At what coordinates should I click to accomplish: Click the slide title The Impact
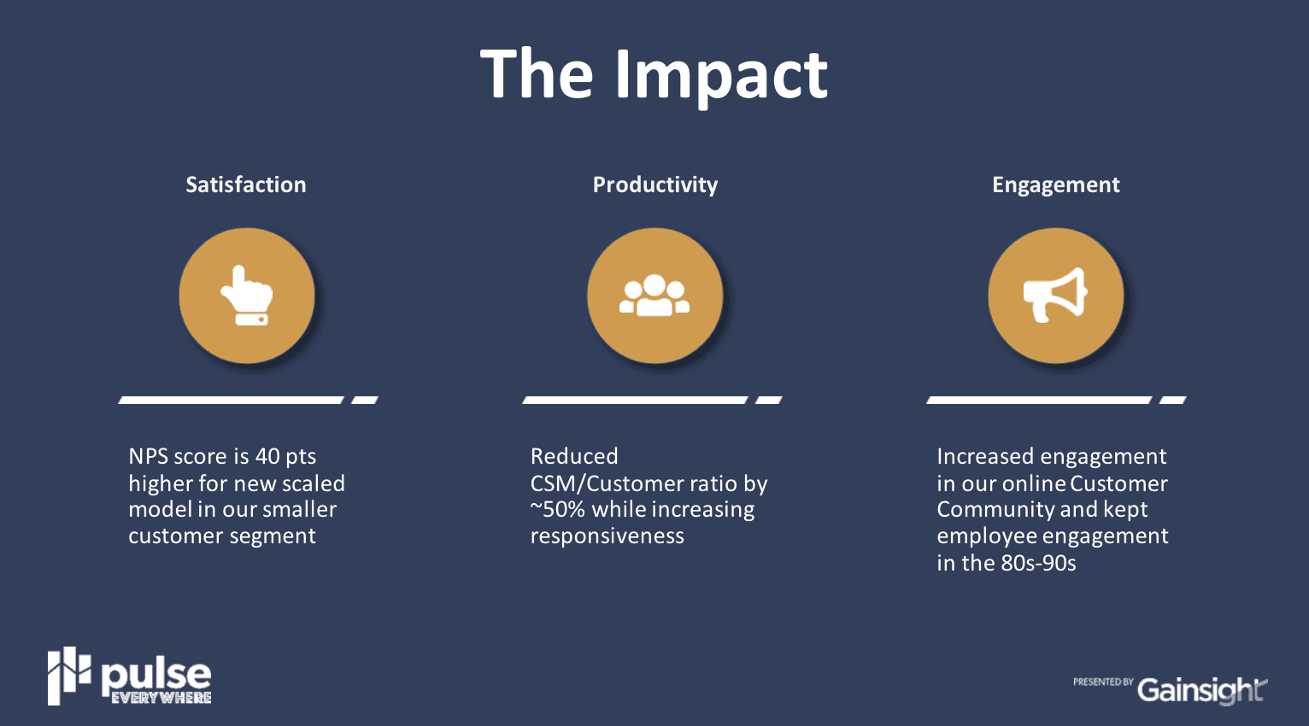tap(654, 75)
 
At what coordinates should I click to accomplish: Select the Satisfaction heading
tap(246, 184)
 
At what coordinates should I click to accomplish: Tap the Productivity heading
tap(655, 185)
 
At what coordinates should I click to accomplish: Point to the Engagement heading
tap(1056, 185)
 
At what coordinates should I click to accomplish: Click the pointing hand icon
tap(247, 296)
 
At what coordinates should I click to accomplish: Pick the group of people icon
tap(654, 296)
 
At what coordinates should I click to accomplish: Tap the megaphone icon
tap(1055, 295)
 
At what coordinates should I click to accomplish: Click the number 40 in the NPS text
tap(267, 456)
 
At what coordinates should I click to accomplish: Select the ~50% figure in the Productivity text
tap(557, 509)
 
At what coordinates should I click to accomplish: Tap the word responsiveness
tap(608, 536)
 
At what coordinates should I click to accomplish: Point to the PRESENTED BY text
tap(1103, 682)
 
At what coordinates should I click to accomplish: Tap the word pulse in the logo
tap(156, 677)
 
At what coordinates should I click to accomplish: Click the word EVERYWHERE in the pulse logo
tap(161, 698)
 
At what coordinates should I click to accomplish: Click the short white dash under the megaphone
tap(1173, 400)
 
